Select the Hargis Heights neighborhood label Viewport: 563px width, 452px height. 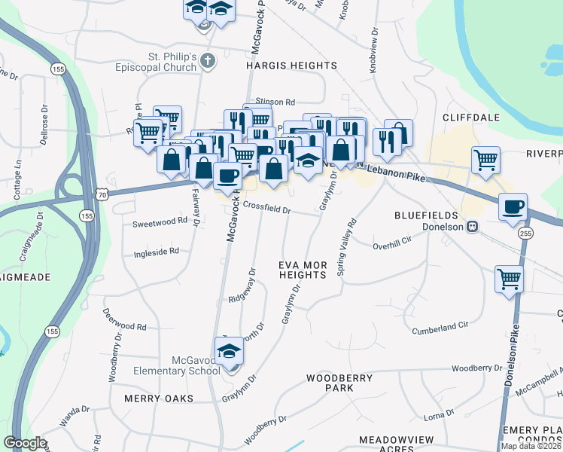(x=291, y=66)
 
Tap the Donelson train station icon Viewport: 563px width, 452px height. (x=473, y=227)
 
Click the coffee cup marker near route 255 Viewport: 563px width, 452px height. (x=513, y=208)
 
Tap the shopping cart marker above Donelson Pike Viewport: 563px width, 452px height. (x=510, y=279)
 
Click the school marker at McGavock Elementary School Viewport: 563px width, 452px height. (x=229, y=351)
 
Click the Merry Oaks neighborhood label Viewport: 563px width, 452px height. (x=160, y=398)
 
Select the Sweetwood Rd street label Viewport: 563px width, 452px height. (x=159, y=222)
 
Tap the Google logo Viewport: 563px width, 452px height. (x=25, y=443)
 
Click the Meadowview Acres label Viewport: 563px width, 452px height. (x=387, y=444)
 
